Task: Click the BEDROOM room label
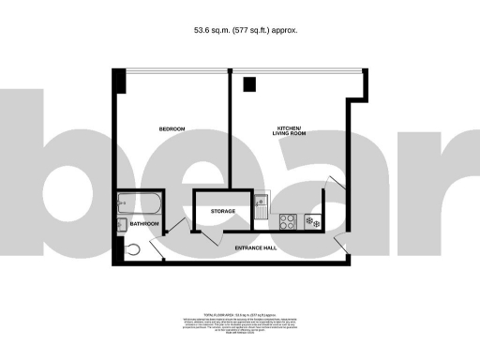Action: click(172, 128)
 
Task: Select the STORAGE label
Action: click(222, 212)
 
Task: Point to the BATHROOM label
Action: click(144, 225)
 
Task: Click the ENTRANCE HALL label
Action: click(254, 247)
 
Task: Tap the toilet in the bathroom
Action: click(131, 248)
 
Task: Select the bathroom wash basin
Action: click(122, 224)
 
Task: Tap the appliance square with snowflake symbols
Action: click(313, 222)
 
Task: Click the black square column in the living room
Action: click(249, 84)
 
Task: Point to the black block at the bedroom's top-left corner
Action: click(118, 79)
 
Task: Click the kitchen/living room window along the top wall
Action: click(292, 70)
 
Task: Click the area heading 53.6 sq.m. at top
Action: click(240, 30)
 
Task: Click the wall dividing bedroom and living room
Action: click(229, 131)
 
